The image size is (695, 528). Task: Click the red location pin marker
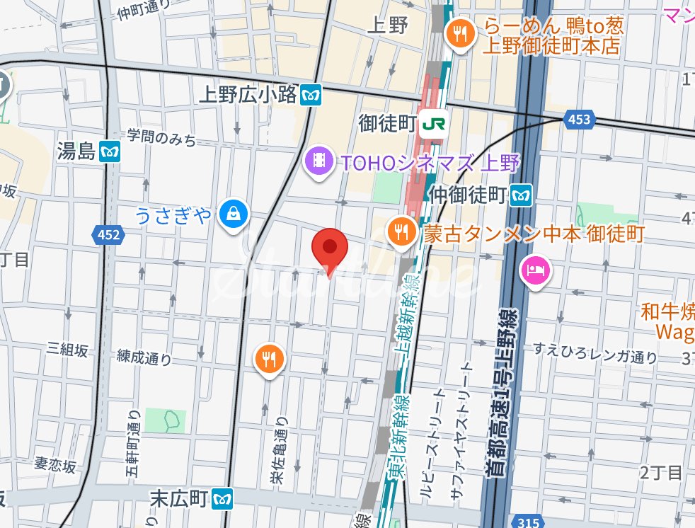tap(330, 248)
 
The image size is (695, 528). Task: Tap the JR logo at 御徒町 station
tap(433, 124)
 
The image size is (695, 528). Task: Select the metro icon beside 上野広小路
tap(310, 94)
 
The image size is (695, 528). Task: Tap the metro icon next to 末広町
tap(223, 498)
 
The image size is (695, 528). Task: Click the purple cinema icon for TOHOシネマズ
tap(320, 161)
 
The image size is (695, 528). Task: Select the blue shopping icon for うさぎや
tap(231, 213)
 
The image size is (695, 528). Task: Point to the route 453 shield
tap(578, 120)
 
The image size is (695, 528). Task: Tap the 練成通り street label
tap(145, 359)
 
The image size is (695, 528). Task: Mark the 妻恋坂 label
tap(54, 465)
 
